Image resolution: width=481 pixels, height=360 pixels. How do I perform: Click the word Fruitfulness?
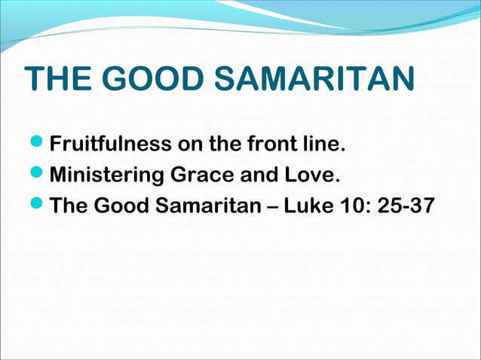(x=112, y=143)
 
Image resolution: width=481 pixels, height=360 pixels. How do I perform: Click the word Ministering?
(x=109, y=175)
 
